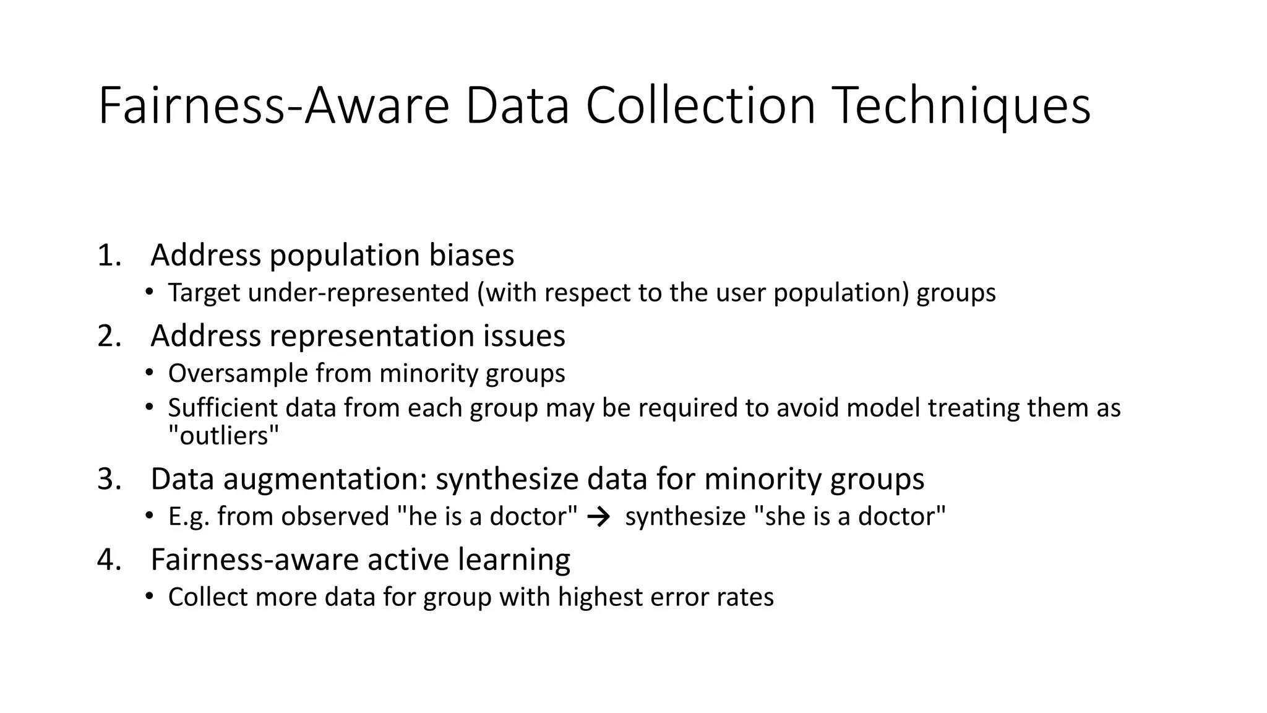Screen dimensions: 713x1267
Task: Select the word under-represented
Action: click(x=358, y=293)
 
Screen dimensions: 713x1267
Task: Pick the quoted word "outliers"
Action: click(x=223, y=436)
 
